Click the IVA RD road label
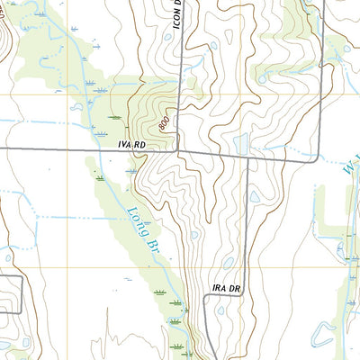pos(131,144)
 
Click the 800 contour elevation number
pos(163,119)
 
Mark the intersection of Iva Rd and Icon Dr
pos(178,150)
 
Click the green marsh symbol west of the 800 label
pos(114,117)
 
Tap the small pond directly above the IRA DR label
pos(229,264)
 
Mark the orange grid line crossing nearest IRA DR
pos(245,267)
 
